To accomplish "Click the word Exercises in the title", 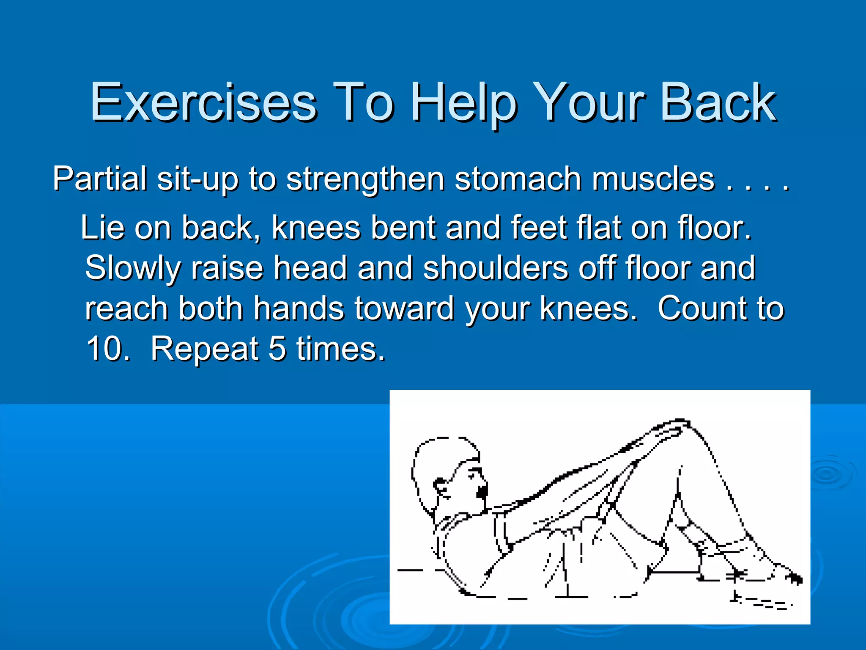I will pyautogui.click(x=203, y=103).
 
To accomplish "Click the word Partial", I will pyautogui.click(x=100, y=179).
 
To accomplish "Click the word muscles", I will pyautogui.click(x=653, y=179).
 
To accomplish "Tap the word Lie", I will pyautogui.click(x=102, y=228).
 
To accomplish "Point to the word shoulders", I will pyautogui.click(x=496, y=268).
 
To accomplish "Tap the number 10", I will pyautogui.click(x=107, y=348).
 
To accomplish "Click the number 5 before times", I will pyautogui.click(x=277, y=348).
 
